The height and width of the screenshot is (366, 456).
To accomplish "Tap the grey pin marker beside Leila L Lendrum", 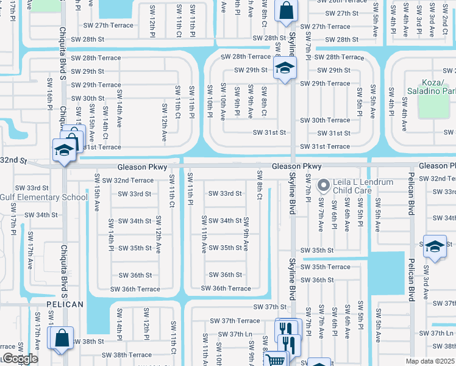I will (324, 183).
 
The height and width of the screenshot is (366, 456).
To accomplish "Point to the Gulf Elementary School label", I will (44, 197).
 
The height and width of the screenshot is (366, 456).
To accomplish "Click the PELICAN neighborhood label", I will (65, 303).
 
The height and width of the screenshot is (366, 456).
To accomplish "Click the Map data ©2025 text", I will (430, 361).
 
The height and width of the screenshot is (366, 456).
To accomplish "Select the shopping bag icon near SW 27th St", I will (285, 10).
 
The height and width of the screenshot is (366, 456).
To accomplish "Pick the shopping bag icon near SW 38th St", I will (62, 337).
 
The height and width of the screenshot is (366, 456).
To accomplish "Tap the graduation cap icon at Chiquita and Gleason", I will (63, 150).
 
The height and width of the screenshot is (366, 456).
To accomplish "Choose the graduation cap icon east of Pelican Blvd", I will (434, 246).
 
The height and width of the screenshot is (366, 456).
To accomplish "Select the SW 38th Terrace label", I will (127, 354).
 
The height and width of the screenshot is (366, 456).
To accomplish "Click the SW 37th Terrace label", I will (235, 320).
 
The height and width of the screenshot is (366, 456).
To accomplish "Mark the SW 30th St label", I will (88, 98).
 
